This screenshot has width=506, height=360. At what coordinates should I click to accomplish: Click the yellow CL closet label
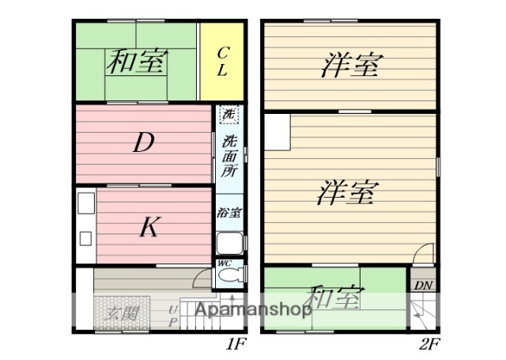point(222,62)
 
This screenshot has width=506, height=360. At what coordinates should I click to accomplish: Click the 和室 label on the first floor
point(137,62)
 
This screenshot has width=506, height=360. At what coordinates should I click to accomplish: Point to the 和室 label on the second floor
point(335,298)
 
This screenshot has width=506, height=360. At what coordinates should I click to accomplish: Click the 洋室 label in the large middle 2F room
point(347,192)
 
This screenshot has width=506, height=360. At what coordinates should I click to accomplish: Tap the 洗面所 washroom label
point(229,157)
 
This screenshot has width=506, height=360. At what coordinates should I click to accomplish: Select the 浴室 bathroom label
point(229,213)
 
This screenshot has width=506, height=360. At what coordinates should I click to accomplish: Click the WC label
point(224,263)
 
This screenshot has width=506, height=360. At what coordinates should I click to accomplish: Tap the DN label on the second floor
point(422,285)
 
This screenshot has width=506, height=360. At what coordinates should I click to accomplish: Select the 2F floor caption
point(430,345)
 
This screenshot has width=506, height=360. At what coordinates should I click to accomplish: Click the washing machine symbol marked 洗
point(229,115)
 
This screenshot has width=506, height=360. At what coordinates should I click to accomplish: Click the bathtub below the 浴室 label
point(230,244)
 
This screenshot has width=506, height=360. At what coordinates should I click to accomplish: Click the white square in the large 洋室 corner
point(277,131)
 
